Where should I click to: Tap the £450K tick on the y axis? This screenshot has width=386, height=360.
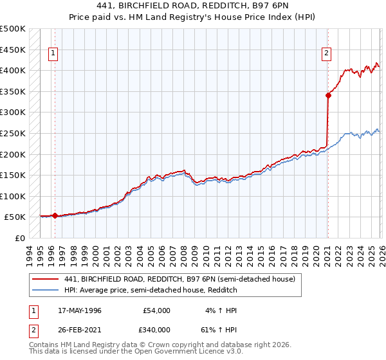pyautogui.click(x=13, y=50)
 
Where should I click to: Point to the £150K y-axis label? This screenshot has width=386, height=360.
pyautogui.click(x=13, y=175)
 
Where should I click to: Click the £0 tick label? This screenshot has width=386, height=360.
pyautogui.click(x=19, y=238)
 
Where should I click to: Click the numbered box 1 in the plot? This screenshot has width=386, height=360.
pyautogui.click(x=53, y=54)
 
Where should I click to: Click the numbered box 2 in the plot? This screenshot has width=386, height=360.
pyautogui.click(x=327, y=54)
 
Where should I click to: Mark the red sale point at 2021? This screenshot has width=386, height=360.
pyautogui.click(x=328, y=95)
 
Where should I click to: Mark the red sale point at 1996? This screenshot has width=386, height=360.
pyautogui.click(x=55, y=215)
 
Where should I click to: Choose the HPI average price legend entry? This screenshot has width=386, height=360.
pyautogui.click(x=151, y=290)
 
